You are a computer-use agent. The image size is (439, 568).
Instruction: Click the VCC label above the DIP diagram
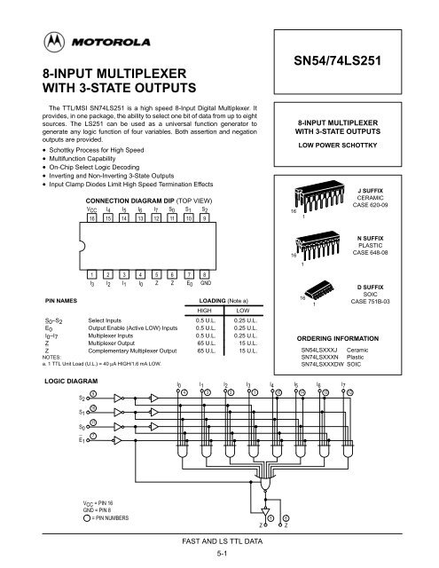pos(91,209)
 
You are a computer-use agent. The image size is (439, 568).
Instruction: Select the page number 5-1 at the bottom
pos(218,553)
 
